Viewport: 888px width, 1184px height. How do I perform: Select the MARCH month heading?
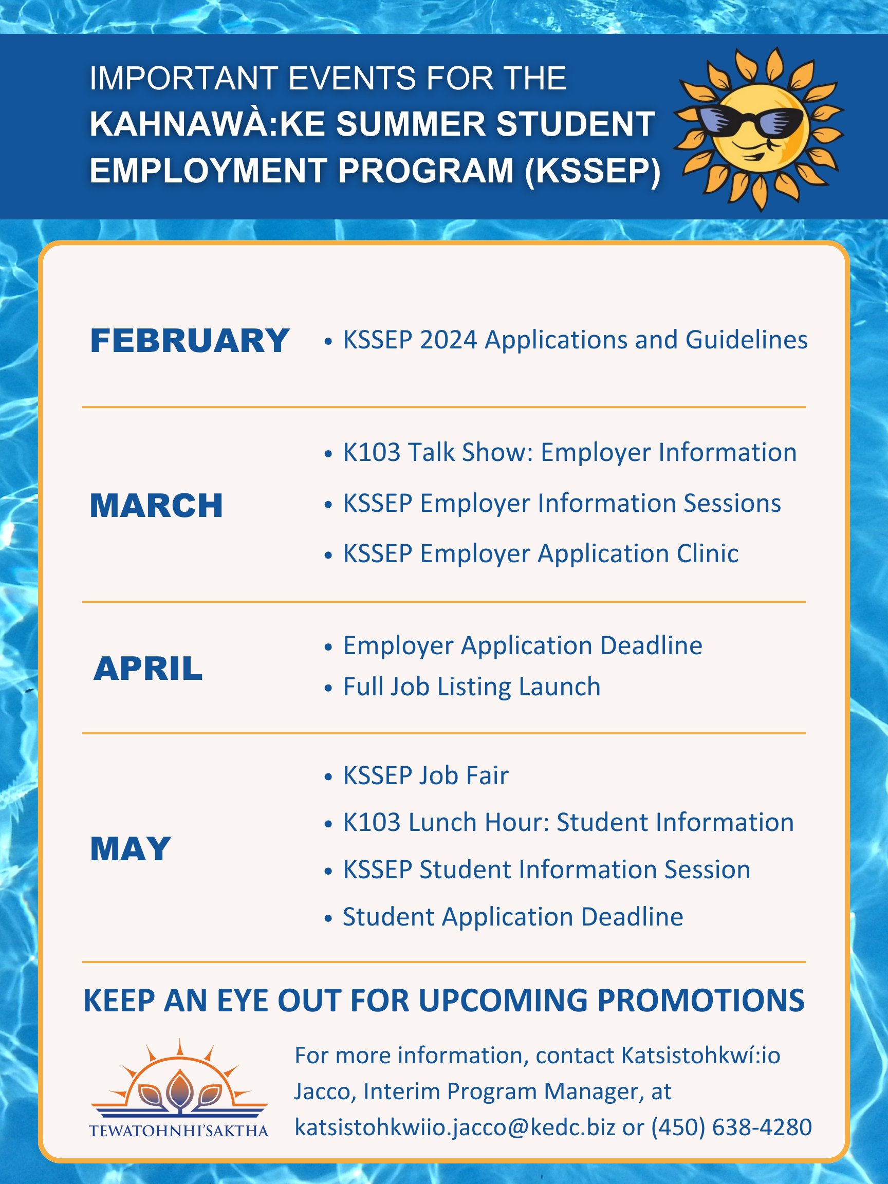(156, 506)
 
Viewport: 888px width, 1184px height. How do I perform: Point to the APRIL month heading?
(149, 669)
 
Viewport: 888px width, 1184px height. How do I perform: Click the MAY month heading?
(131, 849)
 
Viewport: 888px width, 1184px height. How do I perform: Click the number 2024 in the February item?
(448, 340)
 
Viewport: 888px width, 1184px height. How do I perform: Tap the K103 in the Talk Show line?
(372, 452)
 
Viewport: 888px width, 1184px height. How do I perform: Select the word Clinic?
(707, 553)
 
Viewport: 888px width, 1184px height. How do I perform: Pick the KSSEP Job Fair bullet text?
(425, 775)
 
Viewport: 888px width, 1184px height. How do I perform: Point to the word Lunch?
(442, 822)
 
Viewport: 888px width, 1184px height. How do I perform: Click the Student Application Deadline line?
(513, 917)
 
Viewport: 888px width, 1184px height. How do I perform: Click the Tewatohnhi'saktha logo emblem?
(179, 1081)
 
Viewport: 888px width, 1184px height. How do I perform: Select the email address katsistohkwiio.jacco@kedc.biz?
(455, 1127)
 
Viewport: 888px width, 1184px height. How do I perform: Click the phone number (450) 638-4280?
(731, 1127)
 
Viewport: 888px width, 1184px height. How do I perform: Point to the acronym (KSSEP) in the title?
(593, 171)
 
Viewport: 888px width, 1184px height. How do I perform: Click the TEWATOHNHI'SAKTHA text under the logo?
(179, 1131)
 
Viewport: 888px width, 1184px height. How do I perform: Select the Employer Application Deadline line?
(523, 645)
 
